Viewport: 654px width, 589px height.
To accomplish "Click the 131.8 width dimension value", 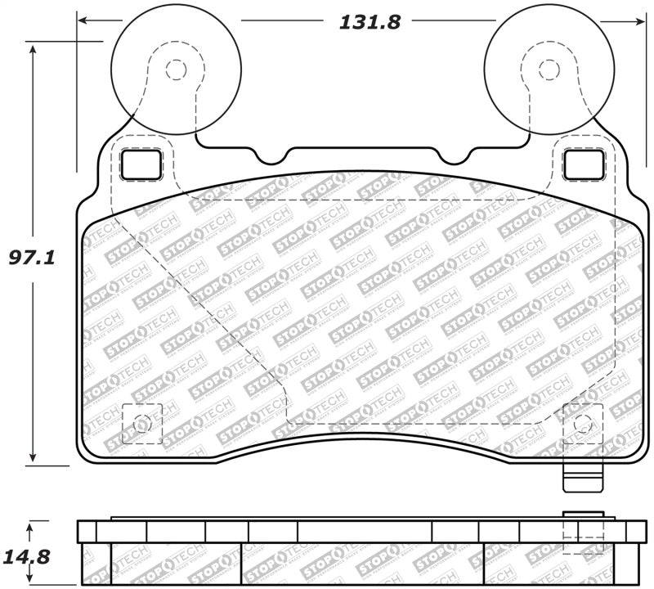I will (x=370, y=22).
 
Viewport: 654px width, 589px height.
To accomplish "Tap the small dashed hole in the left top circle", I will (x=175, y=70).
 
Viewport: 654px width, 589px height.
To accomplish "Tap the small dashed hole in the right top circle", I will (x=549, y=70).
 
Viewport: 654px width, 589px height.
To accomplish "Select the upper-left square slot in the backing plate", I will (x=141, y=164).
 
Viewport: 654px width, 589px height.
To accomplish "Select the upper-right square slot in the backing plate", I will (x=583, y=164).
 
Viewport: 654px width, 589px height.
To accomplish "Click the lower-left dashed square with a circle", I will (x=141, y=424).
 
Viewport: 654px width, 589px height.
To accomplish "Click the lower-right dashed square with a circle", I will (x=583, y=424).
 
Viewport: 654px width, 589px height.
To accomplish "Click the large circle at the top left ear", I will (x=175, y=70).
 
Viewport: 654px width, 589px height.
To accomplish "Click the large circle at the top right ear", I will (x=549, y=70).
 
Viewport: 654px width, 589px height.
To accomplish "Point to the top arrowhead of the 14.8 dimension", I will (x=33, y=524).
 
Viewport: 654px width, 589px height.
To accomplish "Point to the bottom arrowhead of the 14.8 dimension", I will (x=33, y=584).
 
